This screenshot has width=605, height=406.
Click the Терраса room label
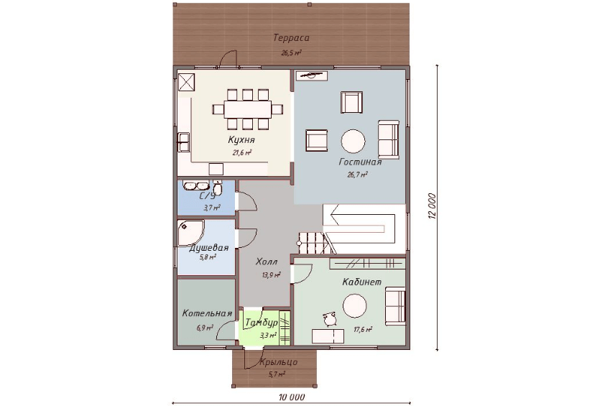291,38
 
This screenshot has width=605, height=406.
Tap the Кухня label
241,139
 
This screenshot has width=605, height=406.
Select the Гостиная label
360,162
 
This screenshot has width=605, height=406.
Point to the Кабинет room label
361,282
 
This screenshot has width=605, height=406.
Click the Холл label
267,262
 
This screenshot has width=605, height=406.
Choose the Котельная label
207,313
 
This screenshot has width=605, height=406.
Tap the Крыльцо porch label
278,362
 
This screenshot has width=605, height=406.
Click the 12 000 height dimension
432,206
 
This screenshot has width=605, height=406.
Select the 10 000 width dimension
292,397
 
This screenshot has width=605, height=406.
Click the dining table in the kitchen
248,109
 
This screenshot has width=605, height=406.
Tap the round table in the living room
353,142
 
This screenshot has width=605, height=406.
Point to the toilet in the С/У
218,188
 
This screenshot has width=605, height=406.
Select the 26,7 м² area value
357,175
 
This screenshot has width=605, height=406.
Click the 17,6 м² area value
363,330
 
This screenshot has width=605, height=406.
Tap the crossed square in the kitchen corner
186,82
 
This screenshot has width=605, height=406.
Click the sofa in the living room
388,139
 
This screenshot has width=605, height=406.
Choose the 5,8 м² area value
208,257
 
